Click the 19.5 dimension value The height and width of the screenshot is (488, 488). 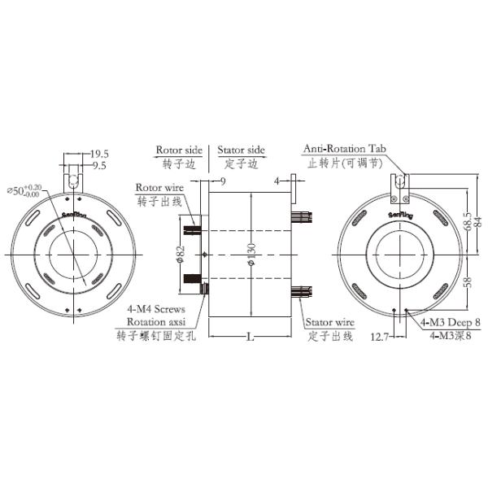[x=100, y=153]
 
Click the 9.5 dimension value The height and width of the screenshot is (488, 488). [x=100, y=165]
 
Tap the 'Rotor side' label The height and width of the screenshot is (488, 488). [x=178, y=150]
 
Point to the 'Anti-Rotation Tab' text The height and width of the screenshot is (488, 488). [x=342, y=150]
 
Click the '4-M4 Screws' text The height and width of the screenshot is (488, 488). [x=156, y=310]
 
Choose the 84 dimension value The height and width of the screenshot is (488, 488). [x=480, y=213]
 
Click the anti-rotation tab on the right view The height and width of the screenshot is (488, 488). [x=399, y=186]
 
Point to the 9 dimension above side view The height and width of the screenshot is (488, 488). [x=221, y=181]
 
